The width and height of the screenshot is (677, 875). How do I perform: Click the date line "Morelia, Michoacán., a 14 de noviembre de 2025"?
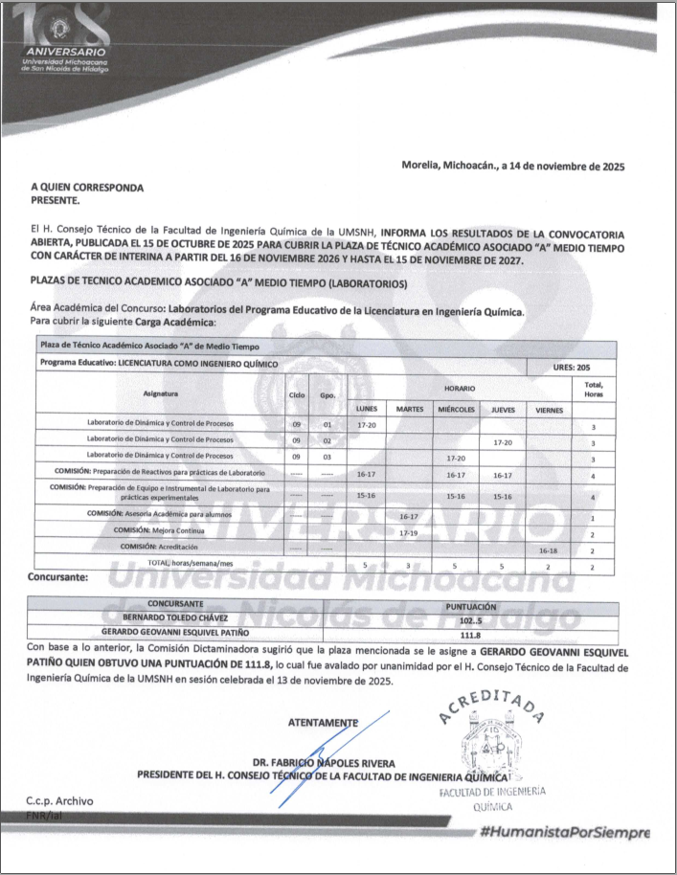click(512, 166)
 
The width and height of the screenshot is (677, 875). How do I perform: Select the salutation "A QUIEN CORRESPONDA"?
click(87, 188)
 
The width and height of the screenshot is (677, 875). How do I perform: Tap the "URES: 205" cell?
click(571, 368)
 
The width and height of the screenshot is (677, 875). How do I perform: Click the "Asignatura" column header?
click(161, 393)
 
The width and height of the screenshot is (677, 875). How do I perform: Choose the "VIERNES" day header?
click(549, 410)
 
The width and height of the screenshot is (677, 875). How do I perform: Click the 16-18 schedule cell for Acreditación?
click(549, 550)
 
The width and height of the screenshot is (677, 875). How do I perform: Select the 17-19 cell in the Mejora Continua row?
click(409, 532)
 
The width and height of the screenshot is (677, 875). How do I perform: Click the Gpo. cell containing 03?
click(327, 458)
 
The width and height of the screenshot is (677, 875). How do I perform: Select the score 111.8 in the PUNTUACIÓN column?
click(470, 634)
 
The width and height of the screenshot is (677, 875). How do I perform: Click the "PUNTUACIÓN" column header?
click(471, 605)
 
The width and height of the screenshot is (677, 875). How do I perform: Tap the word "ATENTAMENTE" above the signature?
click(323, 722)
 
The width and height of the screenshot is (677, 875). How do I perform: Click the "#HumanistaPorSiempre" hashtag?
click(566, 831)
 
